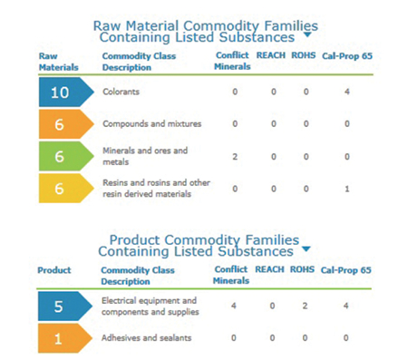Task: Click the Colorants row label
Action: pyautogui.click(x=121, y=92)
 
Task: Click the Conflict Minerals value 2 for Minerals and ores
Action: pyautogui.click(x=234, y=156)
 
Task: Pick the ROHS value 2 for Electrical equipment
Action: pyautogui.click(x=306, y=306)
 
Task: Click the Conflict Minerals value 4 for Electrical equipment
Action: pyautogui.click(x=234, y=306)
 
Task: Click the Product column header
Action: pyautogui.click(x=53, y=269)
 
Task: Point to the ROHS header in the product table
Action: pyautogui.click(x=306, y=269)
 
